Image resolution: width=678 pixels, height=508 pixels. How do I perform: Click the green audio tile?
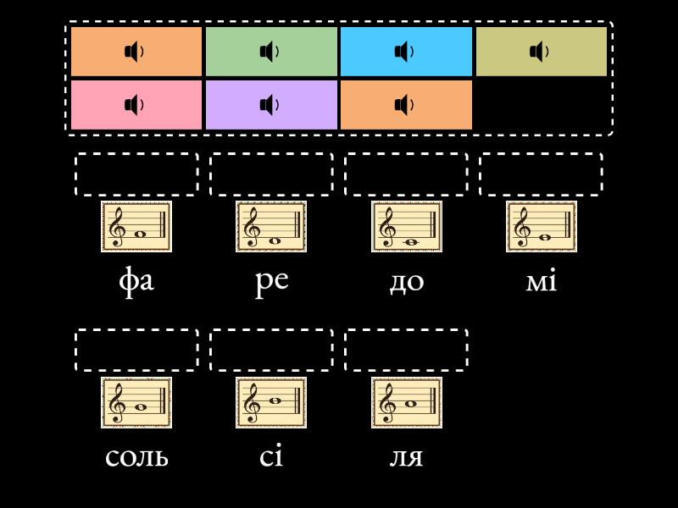[x=271, y=52]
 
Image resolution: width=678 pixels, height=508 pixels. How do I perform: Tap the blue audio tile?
[x=406, y=52]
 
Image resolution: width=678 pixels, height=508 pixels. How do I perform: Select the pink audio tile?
[x=136, y=105]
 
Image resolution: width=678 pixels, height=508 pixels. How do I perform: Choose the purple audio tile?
[x=271, y=105]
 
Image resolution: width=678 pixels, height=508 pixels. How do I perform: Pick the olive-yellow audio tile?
[x=542, y=52]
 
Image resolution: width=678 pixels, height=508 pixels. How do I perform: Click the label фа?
[x=136, y=280]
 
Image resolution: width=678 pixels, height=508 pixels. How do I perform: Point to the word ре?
[x=271, y=280]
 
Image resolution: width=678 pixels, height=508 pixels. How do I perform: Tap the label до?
[x=406, y=280]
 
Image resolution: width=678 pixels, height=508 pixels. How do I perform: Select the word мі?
[x=542, y=280]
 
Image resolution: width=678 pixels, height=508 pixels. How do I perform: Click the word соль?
[x=136, y=456]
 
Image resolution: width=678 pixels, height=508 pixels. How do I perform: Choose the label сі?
[x=271, y=456]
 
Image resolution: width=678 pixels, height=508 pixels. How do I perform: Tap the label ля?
[x=406, y=456]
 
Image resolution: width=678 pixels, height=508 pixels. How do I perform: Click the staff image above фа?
[x=136, y=227]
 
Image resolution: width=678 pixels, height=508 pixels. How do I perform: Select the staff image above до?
[x=406, y=227]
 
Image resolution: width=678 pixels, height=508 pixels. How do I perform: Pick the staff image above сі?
[x=271, y=403]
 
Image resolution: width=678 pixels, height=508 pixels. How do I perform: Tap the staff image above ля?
[x=406, y=403]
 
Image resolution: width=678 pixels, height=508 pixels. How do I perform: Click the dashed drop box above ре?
[x=271, y=174]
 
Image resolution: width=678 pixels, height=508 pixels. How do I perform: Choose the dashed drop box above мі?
[x=542, y=174]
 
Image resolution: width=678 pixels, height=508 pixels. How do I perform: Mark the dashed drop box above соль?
[x=136, y=351]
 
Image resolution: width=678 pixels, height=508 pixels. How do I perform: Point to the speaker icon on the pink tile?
[x=134, y=105]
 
